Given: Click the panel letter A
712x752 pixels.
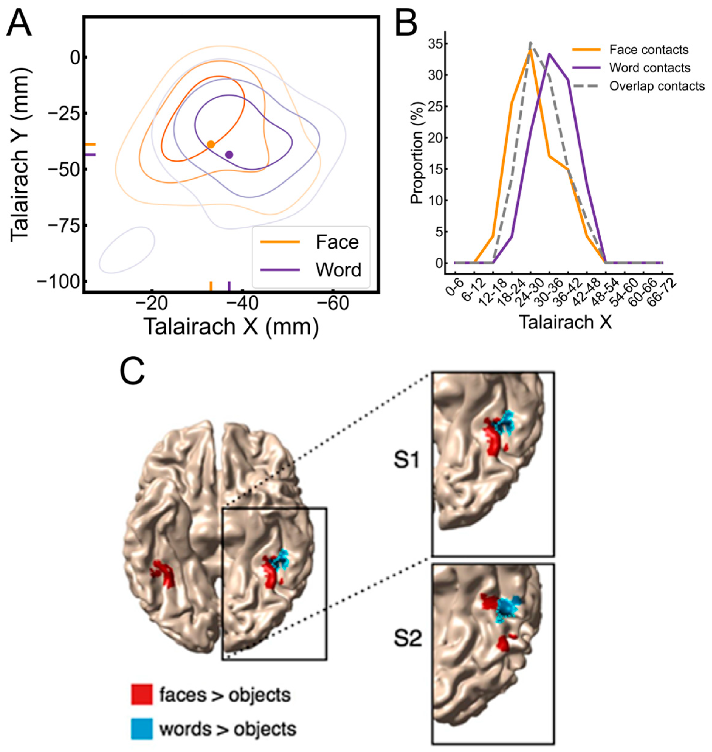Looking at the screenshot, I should [19, 23].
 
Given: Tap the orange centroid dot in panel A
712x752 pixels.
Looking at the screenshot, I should [211, 144].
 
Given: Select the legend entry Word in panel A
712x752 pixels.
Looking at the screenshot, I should [338, 270].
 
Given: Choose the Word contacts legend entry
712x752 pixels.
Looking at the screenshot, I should [649, 68].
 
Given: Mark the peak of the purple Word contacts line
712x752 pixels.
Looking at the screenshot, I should [549, 53].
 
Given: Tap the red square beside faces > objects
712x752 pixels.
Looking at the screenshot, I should [142, 694].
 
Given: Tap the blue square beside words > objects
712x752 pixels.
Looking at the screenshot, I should [142, 729].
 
